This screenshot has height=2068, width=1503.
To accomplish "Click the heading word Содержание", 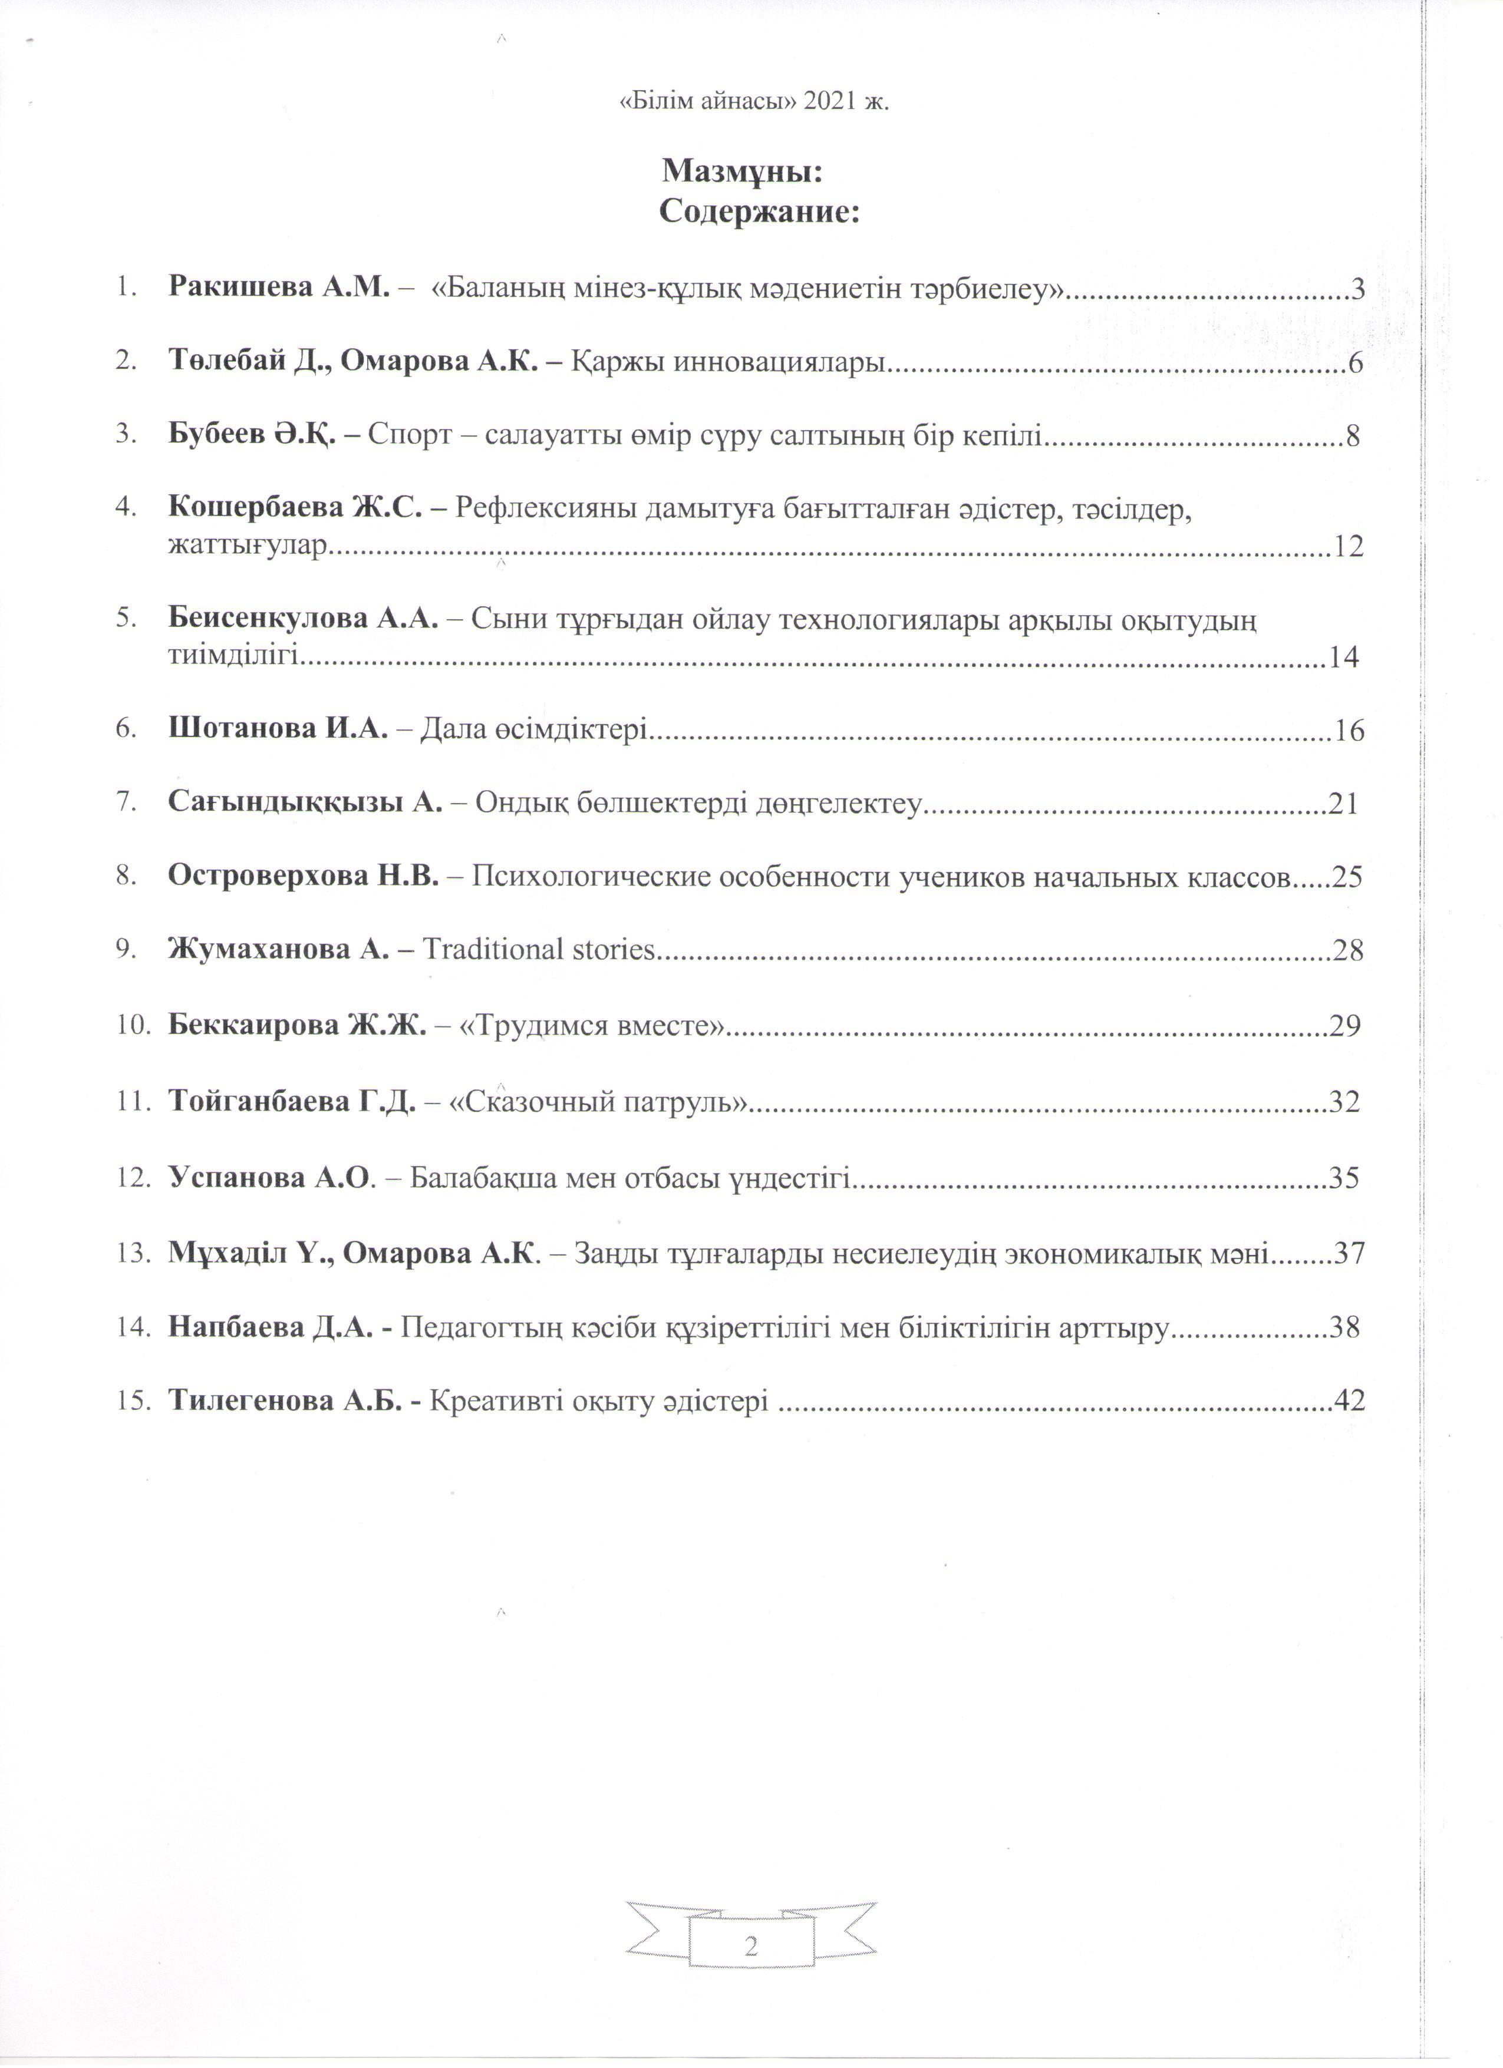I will [x=760, y=213].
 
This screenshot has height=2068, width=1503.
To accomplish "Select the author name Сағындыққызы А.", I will [x=305, y=802].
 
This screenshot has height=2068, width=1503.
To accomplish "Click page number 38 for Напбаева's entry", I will [x=1344, y=1327].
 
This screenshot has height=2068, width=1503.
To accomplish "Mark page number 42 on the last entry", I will [x=1350, y=1400].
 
